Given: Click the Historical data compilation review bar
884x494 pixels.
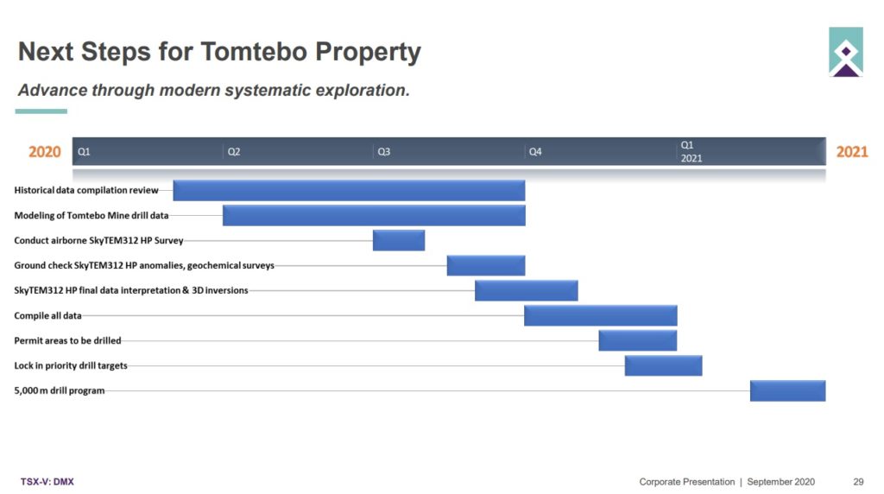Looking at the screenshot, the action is pos(349,191).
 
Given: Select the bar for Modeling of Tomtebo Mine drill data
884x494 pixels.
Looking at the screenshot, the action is pos(374,215).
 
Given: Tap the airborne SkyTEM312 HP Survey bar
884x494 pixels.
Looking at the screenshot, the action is pos(399,240).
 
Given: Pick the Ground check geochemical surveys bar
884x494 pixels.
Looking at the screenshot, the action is pos(486,266).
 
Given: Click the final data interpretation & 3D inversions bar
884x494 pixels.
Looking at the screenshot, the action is pos(526,290).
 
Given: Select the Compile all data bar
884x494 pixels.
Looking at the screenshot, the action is pos(601,316).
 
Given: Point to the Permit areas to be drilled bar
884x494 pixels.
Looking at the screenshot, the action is pos(638,340).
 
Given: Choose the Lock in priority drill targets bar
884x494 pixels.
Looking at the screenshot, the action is pos(664,365).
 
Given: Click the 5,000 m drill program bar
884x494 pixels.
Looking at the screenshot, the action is pos(787,391).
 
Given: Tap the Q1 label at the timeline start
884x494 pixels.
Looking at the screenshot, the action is pos(84,152).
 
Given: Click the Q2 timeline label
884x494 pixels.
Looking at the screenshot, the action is pos(234,152).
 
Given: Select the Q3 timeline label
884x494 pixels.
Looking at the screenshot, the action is pos(384,152).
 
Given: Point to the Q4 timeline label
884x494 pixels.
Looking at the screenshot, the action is pos(535,152).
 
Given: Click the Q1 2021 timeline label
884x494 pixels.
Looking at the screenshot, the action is pos(691,152).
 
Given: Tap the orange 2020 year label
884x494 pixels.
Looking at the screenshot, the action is pos(45,152).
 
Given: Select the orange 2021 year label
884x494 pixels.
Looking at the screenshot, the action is pos(852,152).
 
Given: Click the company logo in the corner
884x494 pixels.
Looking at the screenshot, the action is pos(846,52).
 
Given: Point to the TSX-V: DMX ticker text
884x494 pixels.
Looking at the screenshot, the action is pos(47,482).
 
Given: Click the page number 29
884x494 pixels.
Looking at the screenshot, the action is pos(858,482).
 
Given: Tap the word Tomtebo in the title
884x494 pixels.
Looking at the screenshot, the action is pos(255,51).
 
